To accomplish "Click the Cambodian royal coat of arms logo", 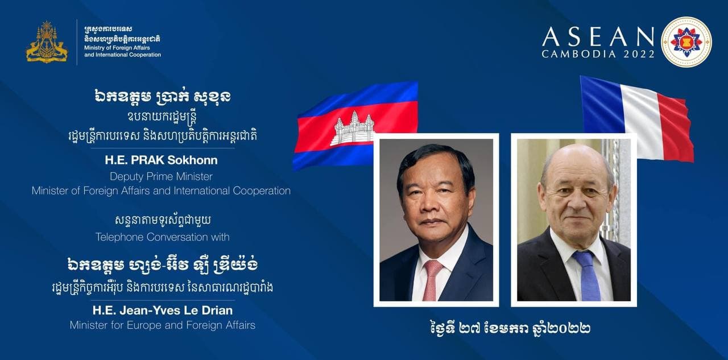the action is click(47, 42).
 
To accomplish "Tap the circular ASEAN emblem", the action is click(686, 42).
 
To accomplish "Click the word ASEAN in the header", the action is click(598, 37).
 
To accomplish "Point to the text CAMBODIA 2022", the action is click(598, 54).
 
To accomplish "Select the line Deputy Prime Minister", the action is click(161, 176).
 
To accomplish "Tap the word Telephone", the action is click(119, 237).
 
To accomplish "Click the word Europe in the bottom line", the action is click(143, 325).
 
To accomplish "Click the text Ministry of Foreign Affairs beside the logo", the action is click(117, 48).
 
